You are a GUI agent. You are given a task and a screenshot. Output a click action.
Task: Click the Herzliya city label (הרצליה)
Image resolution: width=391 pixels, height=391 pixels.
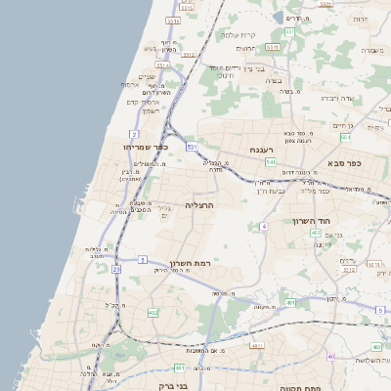(x=198, y=205)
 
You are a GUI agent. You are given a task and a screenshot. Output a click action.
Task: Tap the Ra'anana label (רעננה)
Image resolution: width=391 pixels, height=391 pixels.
(x=261, y=150)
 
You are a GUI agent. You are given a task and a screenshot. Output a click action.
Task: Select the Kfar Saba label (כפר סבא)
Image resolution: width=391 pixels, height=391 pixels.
(x=344, y=162)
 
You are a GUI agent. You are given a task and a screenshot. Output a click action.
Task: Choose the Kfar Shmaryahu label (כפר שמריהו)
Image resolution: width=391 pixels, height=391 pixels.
(x=147, y=146)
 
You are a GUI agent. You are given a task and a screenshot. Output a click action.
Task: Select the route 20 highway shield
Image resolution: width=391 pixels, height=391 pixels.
(x=116, y=267)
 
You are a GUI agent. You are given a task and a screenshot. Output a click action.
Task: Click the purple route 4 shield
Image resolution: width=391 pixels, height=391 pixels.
(x=263, y=227)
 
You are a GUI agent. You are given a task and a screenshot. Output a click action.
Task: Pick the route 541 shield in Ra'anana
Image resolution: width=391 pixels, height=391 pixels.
(x=270, y=161)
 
